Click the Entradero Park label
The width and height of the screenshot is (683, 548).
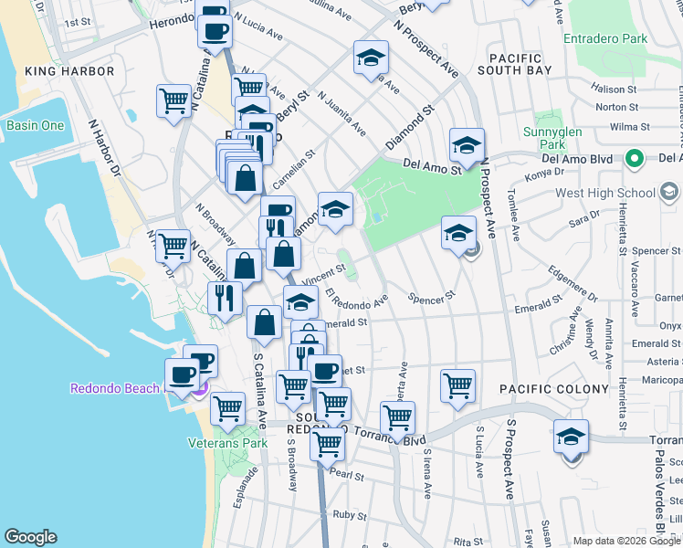pos(606,39)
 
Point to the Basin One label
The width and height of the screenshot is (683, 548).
pos(36,125)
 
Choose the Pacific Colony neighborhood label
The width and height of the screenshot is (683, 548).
pos(553,389)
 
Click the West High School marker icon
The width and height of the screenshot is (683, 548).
pos(670,193)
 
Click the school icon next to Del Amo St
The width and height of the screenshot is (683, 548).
pos(467,146)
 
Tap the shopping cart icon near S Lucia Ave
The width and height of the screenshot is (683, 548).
pos(457,385)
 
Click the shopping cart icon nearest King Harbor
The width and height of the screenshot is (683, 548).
pos(173,100)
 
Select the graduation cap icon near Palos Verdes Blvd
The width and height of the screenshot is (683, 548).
pos(571,437)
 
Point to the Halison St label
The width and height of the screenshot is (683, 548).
pos(613,90)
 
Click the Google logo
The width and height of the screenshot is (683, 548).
pos(30,537)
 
